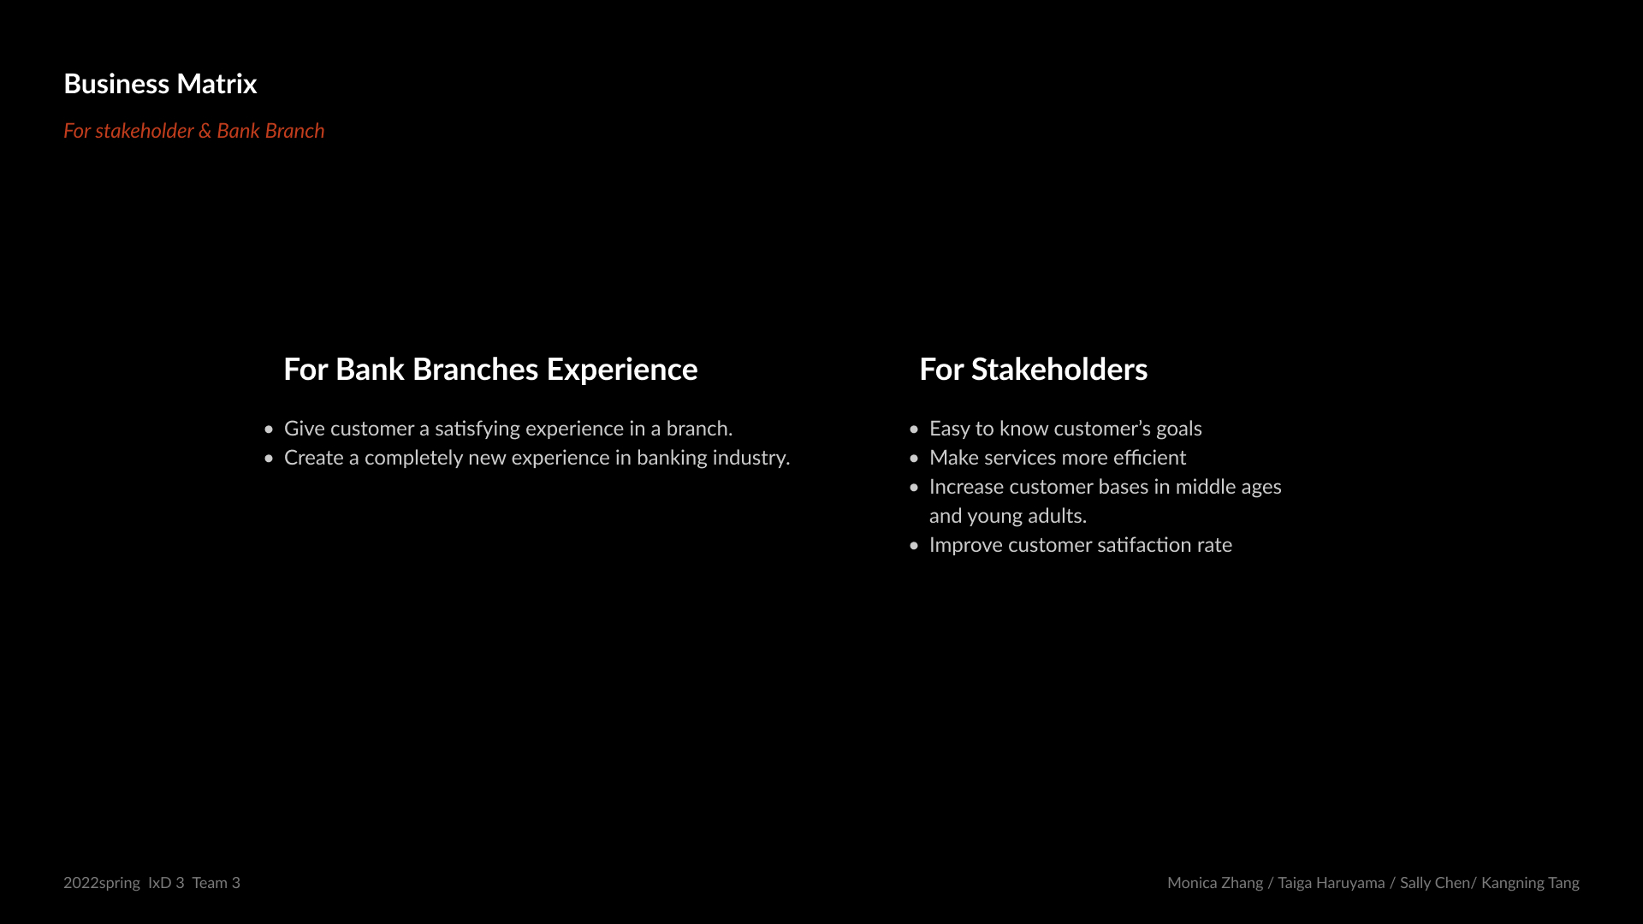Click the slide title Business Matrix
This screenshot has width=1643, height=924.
[x=160, y=84]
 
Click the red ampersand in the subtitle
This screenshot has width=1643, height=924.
[x=205, y=131]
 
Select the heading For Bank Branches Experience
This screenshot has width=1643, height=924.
[x=490, y=369]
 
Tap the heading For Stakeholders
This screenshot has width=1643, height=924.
[x=1033, y=369]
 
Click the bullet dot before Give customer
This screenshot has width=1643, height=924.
[x=269, y=429]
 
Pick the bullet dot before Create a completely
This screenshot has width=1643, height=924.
[x=269, y=459]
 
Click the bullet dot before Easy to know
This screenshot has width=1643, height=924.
[x=914, y=429]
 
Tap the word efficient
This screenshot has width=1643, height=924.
[x=1149, y=458]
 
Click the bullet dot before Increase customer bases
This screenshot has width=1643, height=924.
[x=914, y=488]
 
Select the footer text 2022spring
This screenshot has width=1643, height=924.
[x=102, y=883]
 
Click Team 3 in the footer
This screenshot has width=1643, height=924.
[x=216, y=882]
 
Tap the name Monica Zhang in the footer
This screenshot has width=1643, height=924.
[x=1215, y=883]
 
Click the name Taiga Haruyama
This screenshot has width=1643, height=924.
[x=1332, y=883]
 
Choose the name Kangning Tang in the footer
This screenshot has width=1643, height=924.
[x=1530, y=883]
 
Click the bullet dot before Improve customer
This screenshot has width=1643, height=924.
[x=914, y=546]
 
